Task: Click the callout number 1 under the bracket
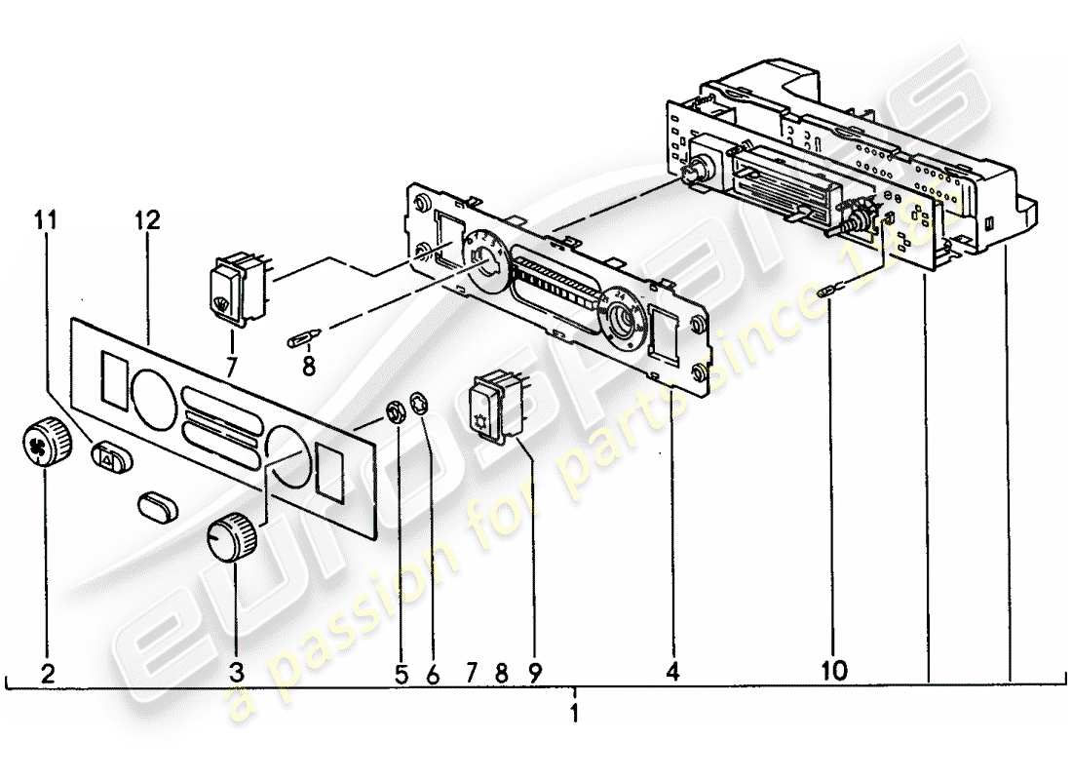pos(575,713)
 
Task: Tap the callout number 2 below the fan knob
pos(48,672)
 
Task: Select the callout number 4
pos(671,671)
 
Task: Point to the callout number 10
pos(834,671)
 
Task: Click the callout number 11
pos(47,219)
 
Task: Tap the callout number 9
pos(533,672)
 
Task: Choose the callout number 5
pos(400,672)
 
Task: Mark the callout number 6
pos(432,672)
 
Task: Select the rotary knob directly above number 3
pos(234,536)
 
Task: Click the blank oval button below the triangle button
pos(157,506)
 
